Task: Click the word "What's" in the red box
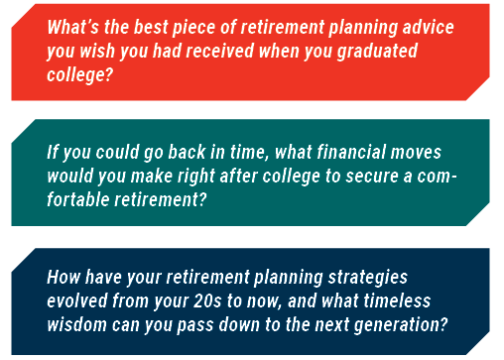pos(72,27)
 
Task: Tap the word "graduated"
pos(377,52)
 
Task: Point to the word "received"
pos(219,51)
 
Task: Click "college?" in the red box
pos(79,75)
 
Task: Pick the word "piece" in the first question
pos(193,28)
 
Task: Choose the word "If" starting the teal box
pos(53,152)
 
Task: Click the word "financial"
pos(351,152)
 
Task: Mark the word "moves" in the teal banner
pos(416,152)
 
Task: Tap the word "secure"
pos(372,177)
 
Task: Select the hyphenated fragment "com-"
pos(437,177)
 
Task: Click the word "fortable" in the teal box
pos(78,199)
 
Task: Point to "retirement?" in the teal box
pos(161,199)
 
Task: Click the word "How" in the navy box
pos(63,277)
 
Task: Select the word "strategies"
pos(367,278)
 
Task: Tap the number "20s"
pos(207,300)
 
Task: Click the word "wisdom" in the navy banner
pos(76,324)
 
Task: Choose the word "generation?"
pos(401,325)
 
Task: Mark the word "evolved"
pos(77,300)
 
